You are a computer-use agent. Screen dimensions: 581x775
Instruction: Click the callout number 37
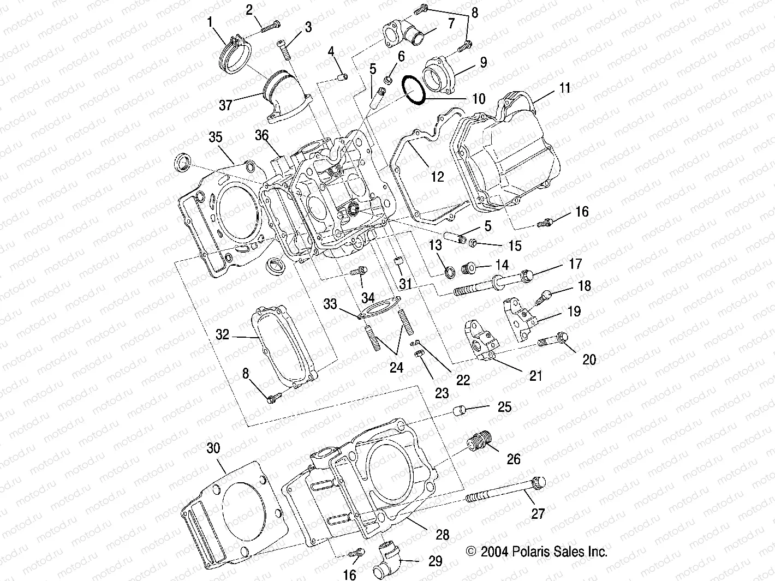pyautogui.click(x=225, y=105)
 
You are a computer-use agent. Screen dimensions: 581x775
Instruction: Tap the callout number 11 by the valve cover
pyautogui.click(x=564, y=88)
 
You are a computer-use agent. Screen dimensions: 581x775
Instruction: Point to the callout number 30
pyautogui.click(x=213, y=448)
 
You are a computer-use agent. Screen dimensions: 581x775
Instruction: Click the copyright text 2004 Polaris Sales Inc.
pyautogui.click(x=537, y=552)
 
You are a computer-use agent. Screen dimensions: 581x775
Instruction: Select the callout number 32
pyautogui.click(x=222, y=334)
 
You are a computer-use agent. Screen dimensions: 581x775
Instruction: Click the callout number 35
pyautogui.click(x=216, y=137)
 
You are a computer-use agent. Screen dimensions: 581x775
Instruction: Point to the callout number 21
pyautogui.click(x=536, y=376)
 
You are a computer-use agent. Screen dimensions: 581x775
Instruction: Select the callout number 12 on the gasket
pyautogui.click(x=437, y=177)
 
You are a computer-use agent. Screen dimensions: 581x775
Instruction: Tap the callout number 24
pyautogui.click(x=396, y=368)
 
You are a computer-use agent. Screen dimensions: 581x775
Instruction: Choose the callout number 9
pyautogui.click(x=484, y=63)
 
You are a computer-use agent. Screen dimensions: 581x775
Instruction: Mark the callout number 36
pyautogui.click(x=262, y=135)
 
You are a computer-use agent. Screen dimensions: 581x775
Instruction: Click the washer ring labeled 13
pyautogui.click(x=450, y=271)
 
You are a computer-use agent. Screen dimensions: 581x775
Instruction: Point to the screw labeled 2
pyautogui.click(x=270, y=25)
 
